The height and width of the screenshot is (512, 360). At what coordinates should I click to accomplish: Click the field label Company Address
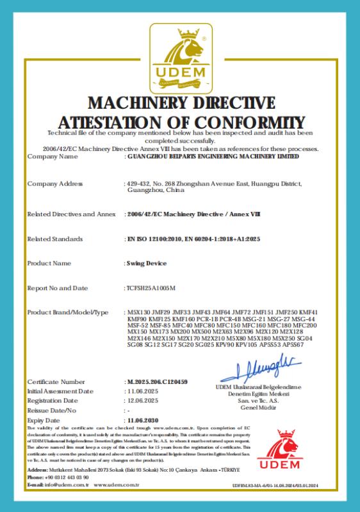pos(55,184)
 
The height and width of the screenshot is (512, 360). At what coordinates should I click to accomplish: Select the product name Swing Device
pos(147,263)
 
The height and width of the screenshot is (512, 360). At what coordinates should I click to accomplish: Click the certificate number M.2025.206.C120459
pos(158,381)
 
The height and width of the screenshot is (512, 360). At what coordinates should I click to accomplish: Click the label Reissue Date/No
pos(52,410)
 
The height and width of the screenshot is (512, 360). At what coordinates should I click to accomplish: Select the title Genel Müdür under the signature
pos(258,408)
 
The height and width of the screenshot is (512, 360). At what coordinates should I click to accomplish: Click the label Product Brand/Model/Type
pos(68,312)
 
